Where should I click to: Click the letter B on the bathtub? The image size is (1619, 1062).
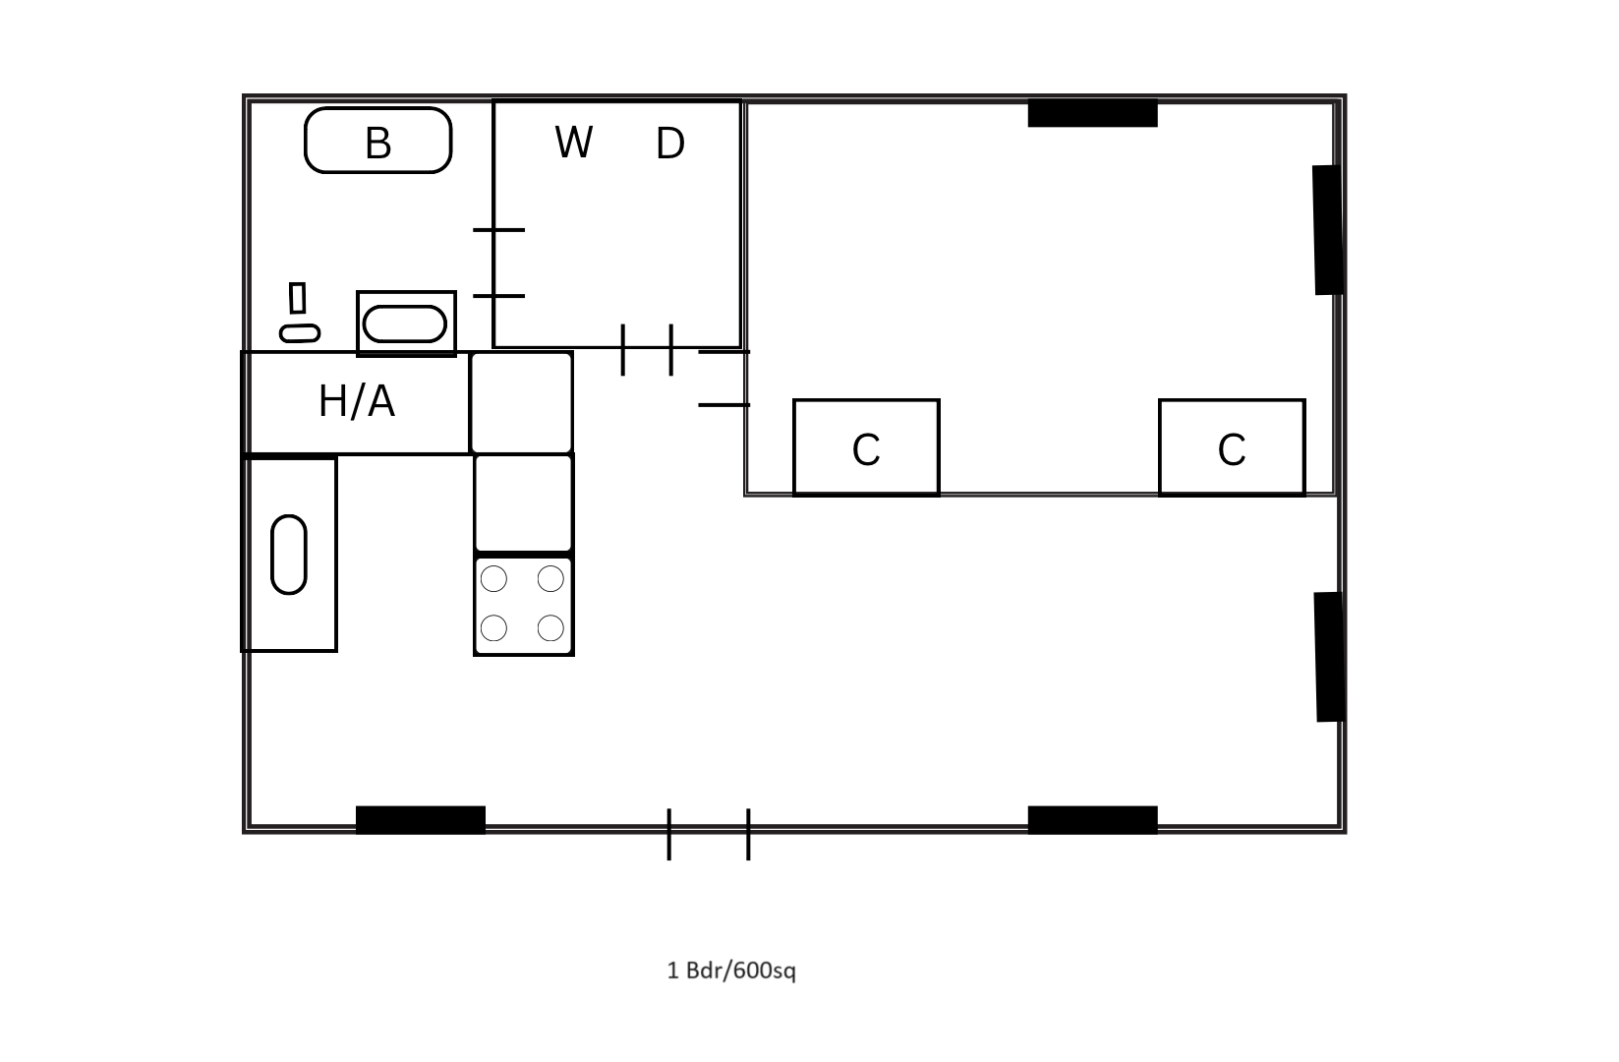pyautogui.click(x=378, y=143)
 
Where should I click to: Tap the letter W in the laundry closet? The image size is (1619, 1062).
pyautogui.click(x=573, y=143)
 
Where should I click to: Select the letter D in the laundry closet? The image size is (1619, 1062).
pyautogui.click(x=669, y=144)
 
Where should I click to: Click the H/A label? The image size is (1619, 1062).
pyautogui.click(x=357, y=401)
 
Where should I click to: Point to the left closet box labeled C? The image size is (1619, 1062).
pyautogui.click(x=866, y=447)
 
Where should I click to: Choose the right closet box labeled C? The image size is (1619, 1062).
pyautogui.click(x=1232, y=447)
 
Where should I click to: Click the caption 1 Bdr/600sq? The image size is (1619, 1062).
pyautogui.click(x=731, y=971)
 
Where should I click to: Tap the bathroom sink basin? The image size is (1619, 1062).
pyautogui.click(x=405, y=324)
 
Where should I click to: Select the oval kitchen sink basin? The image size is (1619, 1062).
pyautogui.click(x=289, y=554)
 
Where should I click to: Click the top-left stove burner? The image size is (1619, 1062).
pyautogui.click(x=493, y=579)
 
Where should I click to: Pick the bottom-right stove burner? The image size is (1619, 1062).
pyautogui.click(x=550, y=627)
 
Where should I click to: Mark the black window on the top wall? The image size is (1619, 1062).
pyautogui.click(x=1092, y=114)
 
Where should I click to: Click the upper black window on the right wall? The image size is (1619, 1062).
pyautogui.click(x=1328, y=229)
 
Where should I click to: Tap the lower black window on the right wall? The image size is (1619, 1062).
pyautogui.click(x=1329, y=656)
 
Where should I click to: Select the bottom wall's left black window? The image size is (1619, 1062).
pyautogui.click(x=420, y=819)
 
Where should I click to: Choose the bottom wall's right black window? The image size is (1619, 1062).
pyautogui.click(x=1092, y=819)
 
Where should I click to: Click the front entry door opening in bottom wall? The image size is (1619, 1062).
pyautogui.click(x=709, y=832)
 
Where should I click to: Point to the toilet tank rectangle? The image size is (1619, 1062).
pyautogui.click(x=297, y=297)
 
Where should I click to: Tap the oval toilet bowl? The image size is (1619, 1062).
pyautogui.click(x=300, y=333)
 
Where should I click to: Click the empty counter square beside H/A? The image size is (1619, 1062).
pyautogui.click(x=522, y=402)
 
